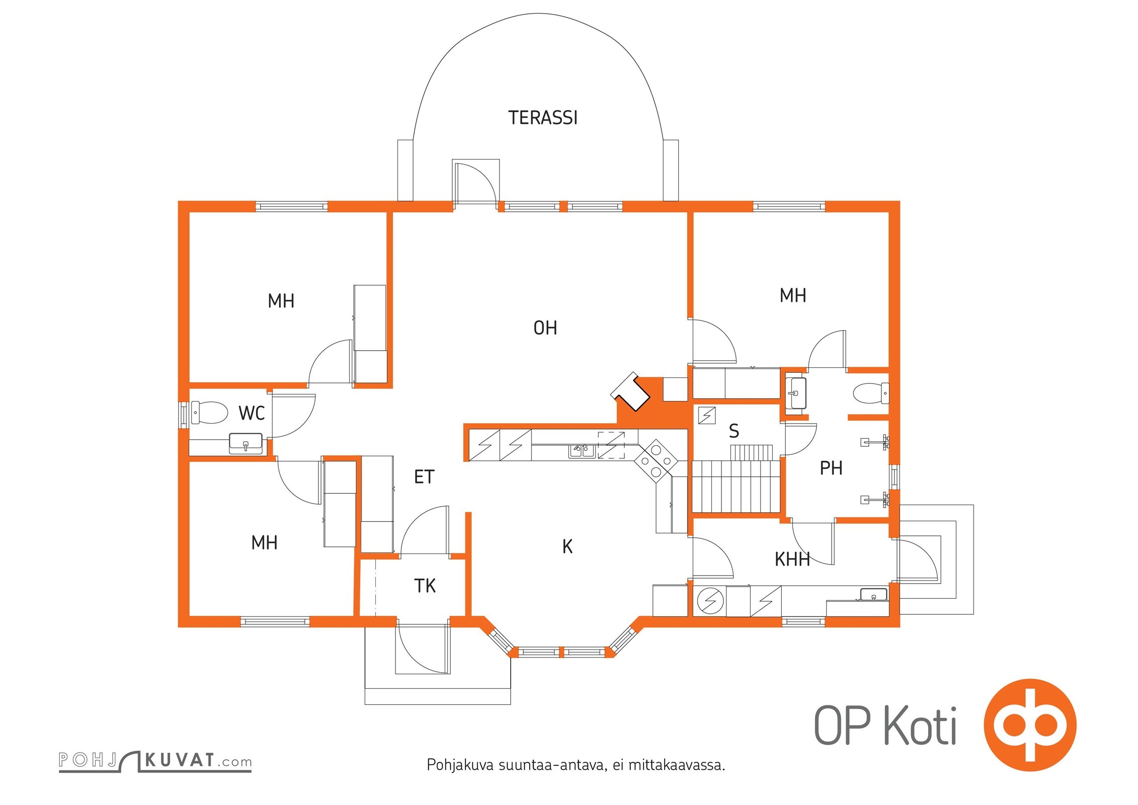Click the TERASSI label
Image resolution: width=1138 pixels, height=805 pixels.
[543, 118]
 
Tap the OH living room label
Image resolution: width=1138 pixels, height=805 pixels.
[545, 328]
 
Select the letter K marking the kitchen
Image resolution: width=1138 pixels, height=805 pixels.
[567, 546]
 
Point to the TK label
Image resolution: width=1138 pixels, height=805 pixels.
[425, 586]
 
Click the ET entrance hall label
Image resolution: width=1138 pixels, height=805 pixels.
[424, 476]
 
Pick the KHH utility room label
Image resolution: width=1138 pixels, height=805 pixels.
[792, 559]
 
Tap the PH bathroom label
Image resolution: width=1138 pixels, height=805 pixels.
[831, 468]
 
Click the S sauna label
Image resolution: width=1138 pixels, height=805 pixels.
[734, 431]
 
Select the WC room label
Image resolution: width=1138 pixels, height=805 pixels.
[252, 414]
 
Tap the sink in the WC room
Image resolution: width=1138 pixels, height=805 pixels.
[246, 443]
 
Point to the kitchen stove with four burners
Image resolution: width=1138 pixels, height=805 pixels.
[656, 460]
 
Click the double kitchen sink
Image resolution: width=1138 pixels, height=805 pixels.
[582, 450]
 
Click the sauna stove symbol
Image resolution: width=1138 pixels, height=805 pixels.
[707, 416]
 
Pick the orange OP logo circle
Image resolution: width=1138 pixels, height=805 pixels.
[1030, 725]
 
